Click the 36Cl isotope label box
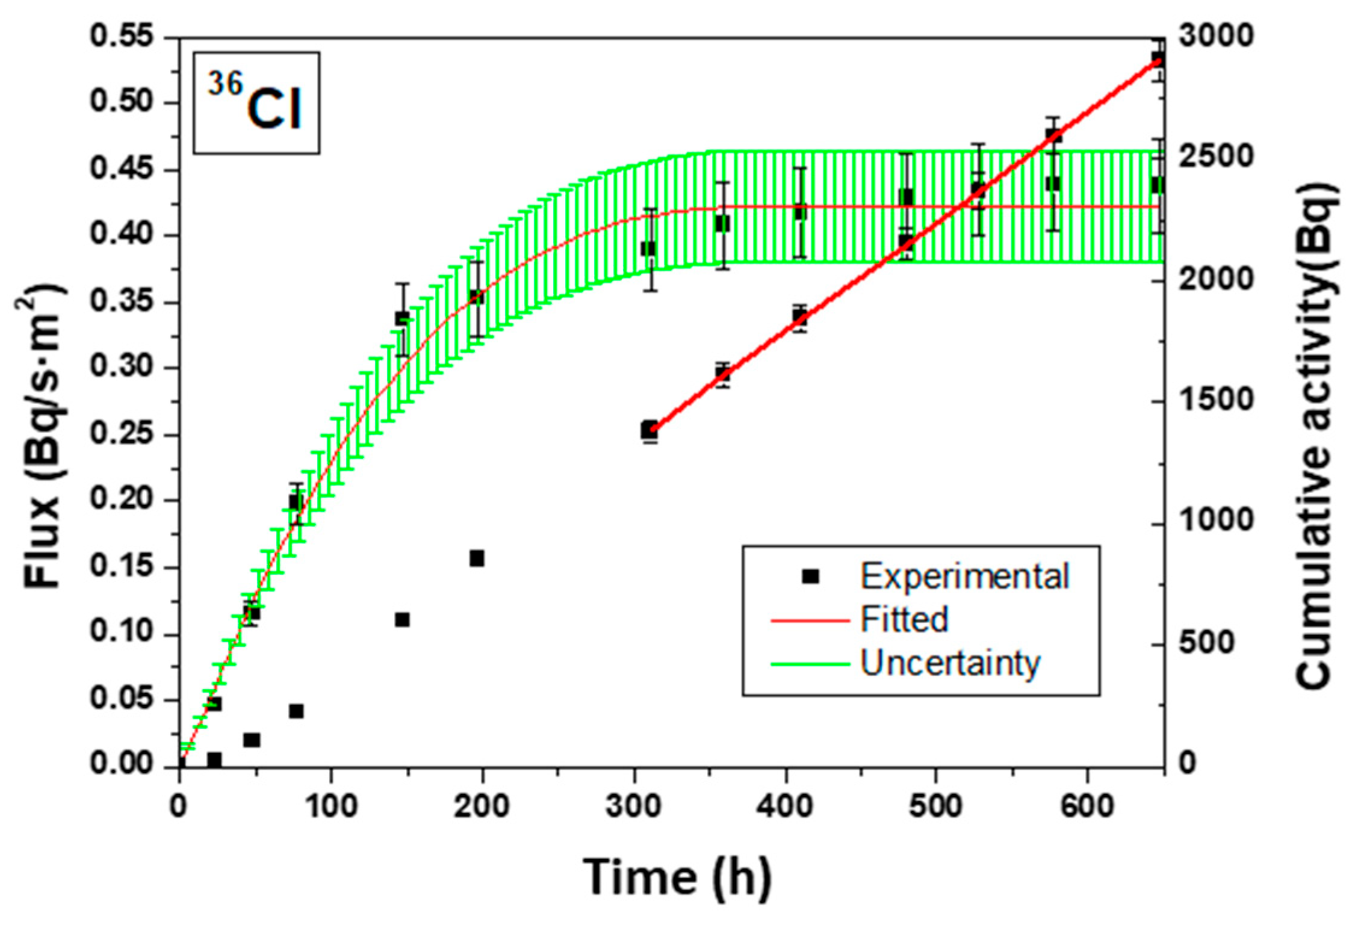pos(256,103)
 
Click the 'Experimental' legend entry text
pos(964,577)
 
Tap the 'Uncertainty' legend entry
pos(949,663)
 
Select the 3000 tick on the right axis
pos(1215,37)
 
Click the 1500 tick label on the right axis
pos(1215,400)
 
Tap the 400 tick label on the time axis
pos(785,806)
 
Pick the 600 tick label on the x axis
pos(1087,806)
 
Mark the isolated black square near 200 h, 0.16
pos(477,558)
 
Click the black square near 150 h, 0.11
pos(402,620)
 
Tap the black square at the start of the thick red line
pos(649,430)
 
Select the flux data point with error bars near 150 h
pos(402,319)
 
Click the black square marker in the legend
pos(810,577)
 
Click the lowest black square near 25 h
pos(214,759)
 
